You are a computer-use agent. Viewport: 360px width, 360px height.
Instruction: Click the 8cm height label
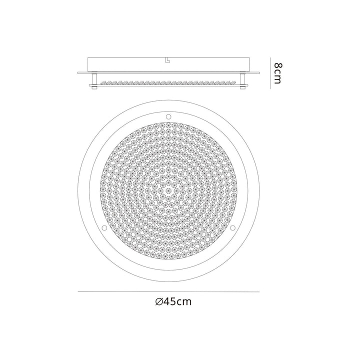[x=277, y=73]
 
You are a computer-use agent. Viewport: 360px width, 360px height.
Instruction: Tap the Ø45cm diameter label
[x=173, y=301]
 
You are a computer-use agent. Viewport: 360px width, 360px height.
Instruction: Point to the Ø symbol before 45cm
[x=158, y=301]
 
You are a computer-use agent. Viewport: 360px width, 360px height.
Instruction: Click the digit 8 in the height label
[x=277, y=65]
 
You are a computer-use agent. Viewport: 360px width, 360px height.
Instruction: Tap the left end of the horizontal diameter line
[x=79, y=291]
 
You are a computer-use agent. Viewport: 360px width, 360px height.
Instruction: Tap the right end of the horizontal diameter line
[x=259, y=291]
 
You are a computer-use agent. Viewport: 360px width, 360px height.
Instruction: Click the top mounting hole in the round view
[x=168, y=116]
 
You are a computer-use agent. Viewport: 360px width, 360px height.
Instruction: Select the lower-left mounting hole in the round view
[x=104, y=228]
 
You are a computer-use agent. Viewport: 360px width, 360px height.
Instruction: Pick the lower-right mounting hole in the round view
[x=233, y=228]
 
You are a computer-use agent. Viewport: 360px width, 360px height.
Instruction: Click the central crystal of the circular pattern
[x=168, y=191]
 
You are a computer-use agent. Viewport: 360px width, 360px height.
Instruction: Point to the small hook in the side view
[x=168, y=61]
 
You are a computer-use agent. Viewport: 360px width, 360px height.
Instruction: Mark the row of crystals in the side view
[x=168, y=81]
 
